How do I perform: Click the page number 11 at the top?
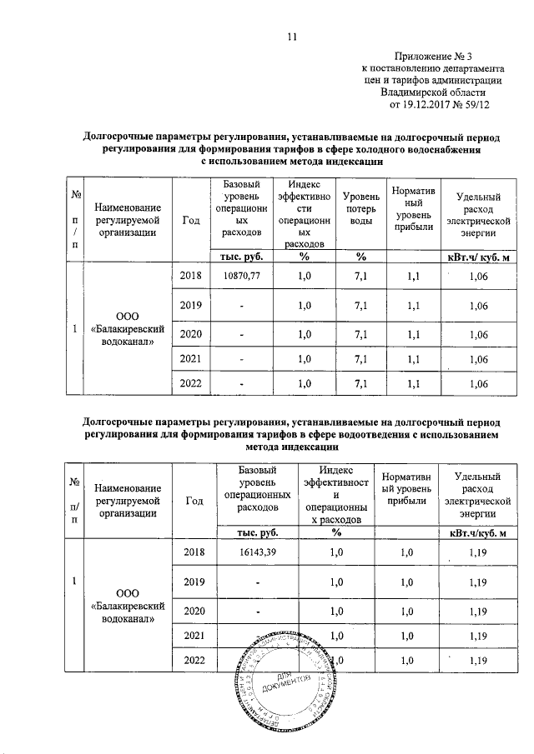point(292,37)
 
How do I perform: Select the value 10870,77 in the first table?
point(239,274)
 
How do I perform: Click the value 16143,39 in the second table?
point(257,552)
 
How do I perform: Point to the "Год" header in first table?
point(190,219)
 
